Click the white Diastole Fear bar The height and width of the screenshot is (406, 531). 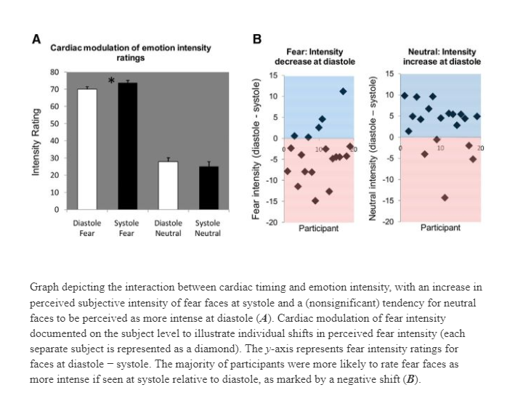coord(87,149)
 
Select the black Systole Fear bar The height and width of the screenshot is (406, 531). coord(128,146)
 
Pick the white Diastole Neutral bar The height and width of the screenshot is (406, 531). coord(168,185)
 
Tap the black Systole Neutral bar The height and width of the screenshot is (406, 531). coord(208,188)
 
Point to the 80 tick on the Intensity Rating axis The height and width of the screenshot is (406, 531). coord(54,72)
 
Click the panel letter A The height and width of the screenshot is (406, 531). coord(36,39)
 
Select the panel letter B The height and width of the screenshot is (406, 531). coord(257,39)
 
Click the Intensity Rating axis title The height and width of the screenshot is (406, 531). coord(36,142)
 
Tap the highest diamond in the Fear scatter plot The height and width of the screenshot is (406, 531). coord(343,92)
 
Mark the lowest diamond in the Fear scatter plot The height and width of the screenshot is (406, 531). coord(315,200)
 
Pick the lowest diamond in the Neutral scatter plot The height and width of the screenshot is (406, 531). coord(445,198)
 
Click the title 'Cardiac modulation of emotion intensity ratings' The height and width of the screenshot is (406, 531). coord(131,53)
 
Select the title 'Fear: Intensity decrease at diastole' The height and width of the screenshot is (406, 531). coord(315,57)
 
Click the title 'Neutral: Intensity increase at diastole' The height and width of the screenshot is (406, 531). coord(442,57)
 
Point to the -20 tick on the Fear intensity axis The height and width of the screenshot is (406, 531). coord(272,222)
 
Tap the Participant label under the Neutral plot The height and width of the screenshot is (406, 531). coord(440,227)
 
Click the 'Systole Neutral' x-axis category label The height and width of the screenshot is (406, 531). coord(208,228)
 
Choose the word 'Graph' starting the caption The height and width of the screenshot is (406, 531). coord(44,288)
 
